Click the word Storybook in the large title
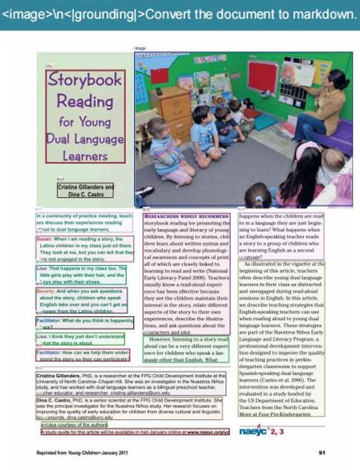85,80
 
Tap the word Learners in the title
85,156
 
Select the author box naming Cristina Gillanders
85,190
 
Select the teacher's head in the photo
338,79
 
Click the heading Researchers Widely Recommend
187,216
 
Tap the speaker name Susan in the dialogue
44,239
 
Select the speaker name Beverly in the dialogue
45,291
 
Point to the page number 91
322,453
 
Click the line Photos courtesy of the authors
74,425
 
